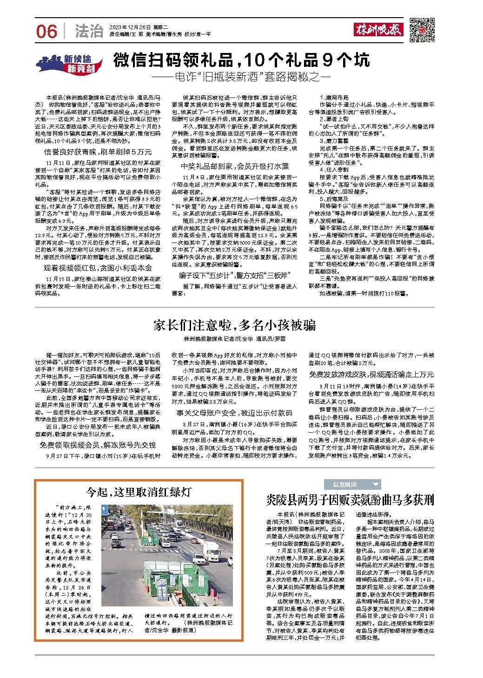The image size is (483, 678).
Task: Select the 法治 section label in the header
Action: (89, 31)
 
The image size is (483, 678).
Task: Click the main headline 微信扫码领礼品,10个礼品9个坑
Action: (242, 60)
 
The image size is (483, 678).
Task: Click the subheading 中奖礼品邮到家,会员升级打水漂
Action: (234, 166)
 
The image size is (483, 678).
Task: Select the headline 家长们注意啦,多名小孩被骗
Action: (235, 325)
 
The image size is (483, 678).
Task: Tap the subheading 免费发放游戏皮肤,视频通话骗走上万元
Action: (371, 374)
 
